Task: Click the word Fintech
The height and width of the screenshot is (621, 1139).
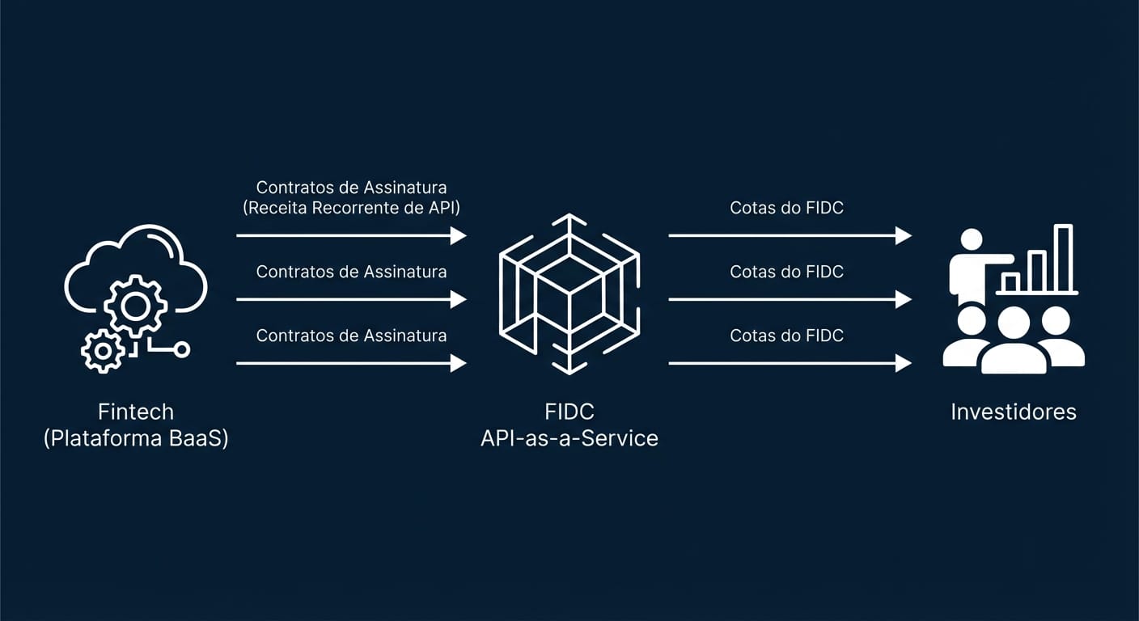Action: [136, 412]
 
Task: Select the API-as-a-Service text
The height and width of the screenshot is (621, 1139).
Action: [569, 438]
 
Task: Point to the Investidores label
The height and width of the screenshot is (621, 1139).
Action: [1013, 412]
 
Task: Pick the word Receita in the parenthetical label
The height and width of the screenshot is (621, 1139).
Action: [277, 208]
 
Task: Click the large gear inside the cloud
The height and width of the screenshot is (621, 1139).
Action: [136, 305]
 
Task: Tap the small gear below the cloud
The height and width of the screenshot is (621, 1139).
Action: [103, 351]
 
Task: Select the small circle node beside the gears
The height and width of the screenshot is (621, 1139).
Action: [182, 349]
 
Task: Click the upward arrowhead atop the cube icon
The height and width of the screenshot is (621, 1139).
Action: [569, 218]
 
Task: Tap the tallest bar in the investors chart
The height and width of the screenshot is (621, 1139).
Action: [1063, 258]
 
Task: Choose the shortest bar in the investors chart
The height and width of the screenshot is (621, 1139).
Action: [1010, 282]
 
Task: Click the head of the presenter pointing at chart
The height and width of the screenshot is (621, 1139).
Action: [971, 240]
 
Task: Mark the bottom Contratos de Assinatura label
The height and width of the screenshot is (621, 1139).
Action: [351, 335]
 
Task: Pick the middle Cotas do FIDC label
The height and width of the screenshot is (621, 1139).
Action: [786, 272]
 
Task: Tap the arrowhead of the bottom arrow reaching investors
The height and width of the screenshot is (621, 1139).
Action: [904, 364]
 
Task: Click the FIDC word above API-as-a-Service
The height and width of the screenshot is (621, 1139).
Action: [569, 412]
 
